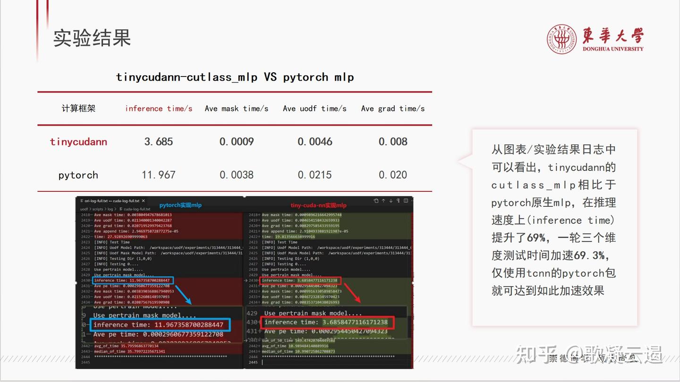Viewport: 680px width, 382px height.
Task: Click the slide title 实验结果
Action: pos(92,38)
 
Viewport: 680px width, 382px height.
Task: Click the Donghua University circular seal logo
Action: pos(561,39)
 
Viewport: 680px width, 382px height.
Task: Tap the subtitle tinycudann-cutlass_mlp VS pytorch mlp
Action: pos(235,77)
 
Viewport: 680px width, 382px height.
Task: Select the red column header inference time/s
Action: pos(159,109)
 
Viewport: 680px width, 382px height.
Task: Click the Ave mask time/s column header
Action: pos(237,109)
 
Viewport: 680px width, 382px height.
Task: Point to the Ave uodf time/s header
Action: pos(314,109)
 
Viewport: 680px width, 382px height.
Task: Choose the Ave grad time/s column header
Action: pos(393,109)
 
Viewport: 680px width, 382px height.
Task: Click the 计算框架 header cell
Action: pos(78,109)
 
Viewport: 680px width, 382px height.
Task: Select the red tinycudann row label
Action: pos(78,142)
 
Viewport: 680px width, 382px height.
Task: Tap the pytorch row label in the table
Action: pos(78,175)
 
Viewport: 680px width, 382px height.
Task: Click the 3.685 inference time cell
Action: pos(159,142)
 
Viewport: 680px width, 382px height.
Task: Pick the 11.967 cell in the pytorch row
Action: pos(159,175)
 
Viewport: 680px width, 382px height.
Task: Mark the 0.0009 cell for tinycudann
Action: pos(237,142)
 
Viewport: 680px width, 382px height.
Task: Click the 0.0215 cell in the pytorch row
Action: pos(314,175)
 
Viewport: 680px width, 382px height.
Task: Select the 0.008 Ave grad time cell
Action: pos(393,142)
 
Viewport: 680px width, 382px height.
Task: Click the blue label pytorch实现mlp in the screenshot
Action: pos(180,205)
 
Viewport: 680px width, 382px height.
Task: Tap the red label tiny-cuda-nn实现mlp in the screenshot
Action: pos(319,205)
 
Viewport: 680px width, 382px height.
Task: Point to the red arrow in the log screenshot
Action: pos(351,293)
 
